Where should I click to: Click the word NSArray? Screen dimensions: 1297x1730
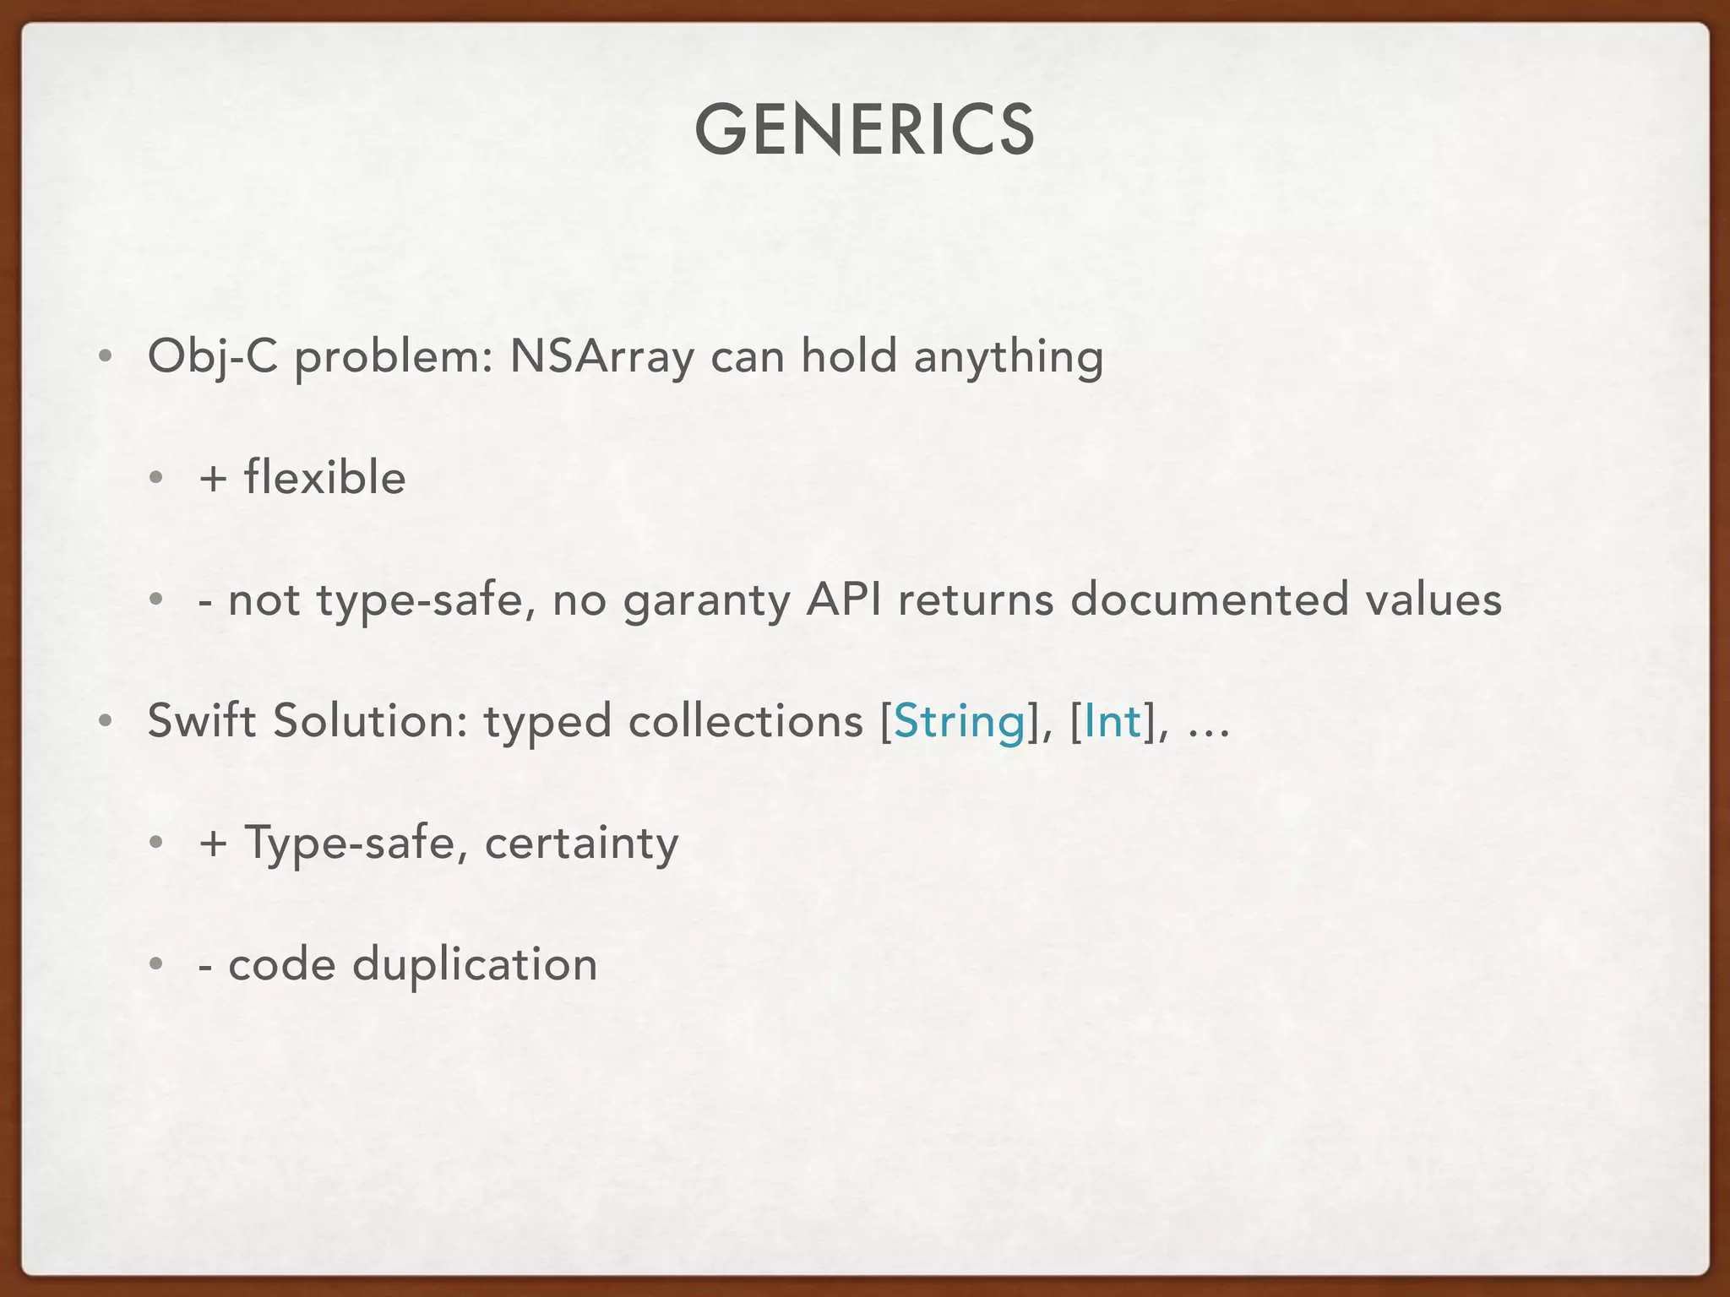point(601,356)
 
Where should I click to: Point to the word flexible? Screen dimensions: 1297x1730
point(325,478)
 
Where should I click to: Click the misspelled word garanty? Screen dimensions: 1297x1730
point(706,601)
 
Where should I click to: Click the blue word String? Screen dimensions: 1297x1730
point(959,722)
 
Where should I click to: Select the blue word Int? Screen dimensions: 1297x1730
point(1112,722)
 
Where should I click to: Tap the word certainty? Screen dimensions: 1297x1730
point(581,843)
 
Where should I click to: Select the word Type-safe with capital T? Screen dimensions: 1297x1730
point(350,843)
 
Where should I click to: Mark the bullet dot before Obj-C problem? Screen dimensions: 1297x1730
point(104,357)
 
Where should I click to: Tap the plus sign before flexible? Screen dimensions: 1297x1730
point(214,479)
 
